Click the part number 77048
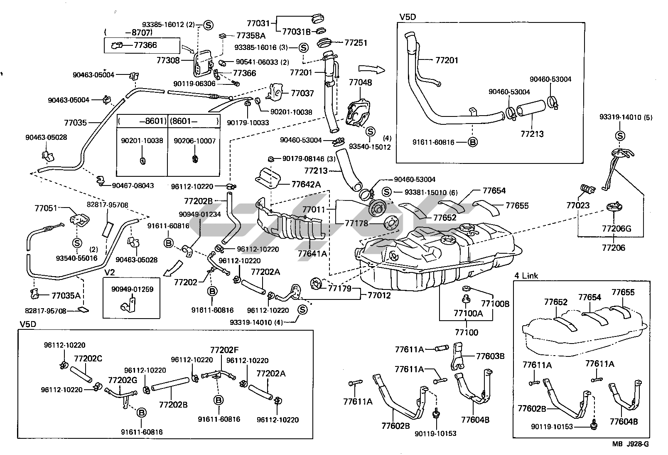(x=360, y=82)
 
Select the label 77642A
(x=306, y=184)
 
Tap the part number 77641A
(x=312, y=253)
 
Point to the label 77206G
(x=616, y=228)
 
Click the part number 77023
(x=578, y=205)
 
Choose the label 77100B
(x=495, y=304)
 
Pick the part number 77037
(x=302, y=94)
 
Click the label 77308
(x=168, y=60)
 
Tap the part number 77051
(x=46, y=208)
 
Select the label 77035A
(x=66, y=296)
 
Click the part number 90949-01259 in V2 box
(x=132, y=289)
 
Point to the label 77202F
(x=224, y=350)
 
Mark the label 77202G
(x=123, y=380)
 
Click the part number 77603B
(x=490, y=356)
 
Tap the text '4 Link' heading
(x=526, y=276)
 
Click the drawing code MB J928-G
(x=630, y=444)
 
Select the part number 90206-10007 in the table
(x=194, y=141)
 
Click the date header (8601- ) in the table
(x=194, y=121)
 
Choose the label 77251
(x=356, y=42)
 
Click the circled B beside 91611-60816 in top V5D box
(x=473, y=142)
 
